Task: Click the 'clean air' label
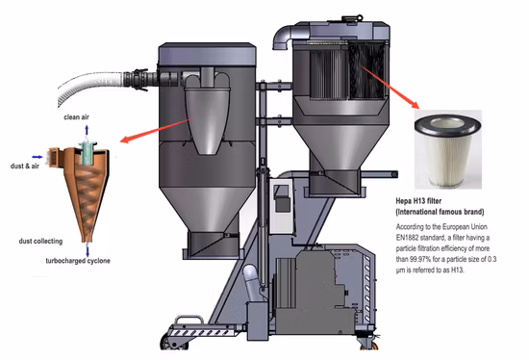point(77,117)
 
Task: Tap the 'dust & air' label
point(25,166)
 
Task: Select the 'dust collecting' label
point(40,242)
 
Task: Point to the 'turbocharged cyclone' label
point(78,261)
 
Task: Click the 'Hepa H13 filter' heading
point(418,201)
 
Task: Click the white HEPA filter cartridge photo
point(448,149)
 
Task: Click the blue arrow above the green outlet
point(87,130)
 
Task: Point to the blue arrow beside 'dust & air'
point(38,157)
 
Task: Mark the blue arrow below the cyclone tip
point(88,251)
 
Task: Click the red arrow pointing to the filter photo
point(390,88)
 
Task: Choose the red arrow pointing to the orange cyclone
point(157,130)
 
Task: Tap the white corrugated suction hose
point(90,86)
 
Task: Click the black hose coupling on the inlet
point(136,80)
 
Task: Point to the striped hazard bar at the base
point(201,333)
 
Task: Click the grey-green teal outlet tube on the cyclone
point(88,153)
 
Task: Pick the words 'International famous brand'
point(440,212)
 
